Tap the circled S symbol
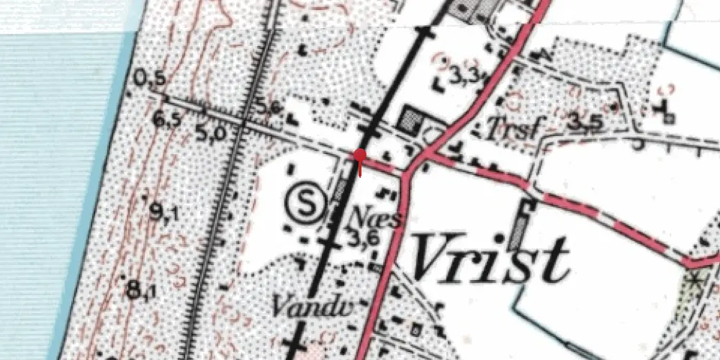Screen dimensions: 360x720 pos(308,203)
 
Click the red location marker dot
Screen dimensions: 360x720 pos(360,155)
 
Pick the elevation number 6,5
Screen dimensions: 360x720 pos(166,120)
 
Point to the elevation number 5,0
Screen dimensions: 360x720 pos(210,132)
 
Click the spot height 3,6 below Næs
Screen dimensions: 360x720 pos(363,237)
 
